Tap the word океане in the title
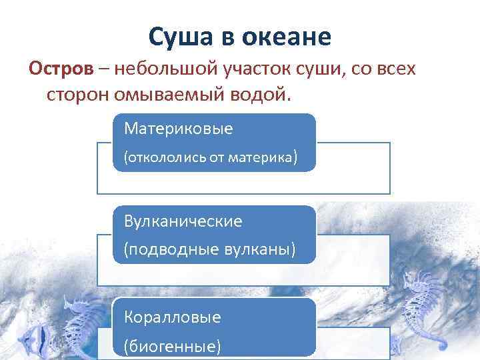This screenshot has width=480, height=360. pos(288,37)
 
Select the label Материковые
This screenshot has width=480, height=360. pos(178,128)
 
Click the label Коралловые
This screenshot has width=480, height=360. pos(172,317)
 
